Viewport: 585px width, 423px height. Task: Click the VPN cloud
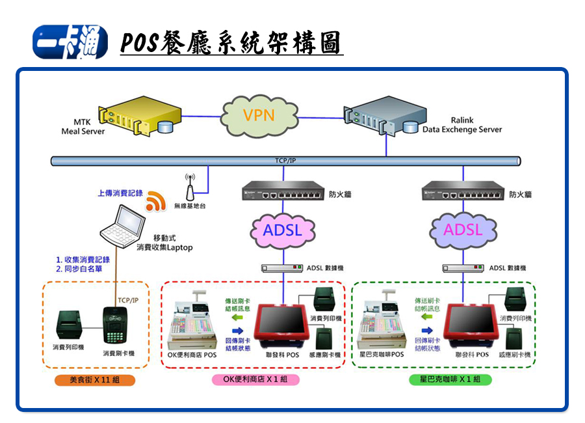(259, 115)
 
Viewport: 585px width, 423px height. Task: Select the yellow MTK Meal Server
(136, 116)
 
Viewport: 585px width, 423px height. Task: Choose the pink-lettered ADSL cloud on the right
(463, 229)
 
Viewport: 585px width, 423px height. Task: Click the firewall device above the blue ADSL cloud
(282, 193)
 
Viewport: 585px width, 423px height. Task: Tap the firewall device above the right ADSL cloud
(463, 193)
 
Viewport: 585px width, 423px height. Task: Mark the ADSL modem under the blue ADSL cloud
(283, 268)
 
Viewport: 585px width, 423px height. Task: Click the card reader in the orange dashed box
(118, 325)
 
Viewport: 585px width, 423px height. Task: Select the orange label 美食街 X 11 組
(95, 380)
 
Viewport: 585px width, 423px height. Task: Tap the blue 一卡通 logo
(70, 42)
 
